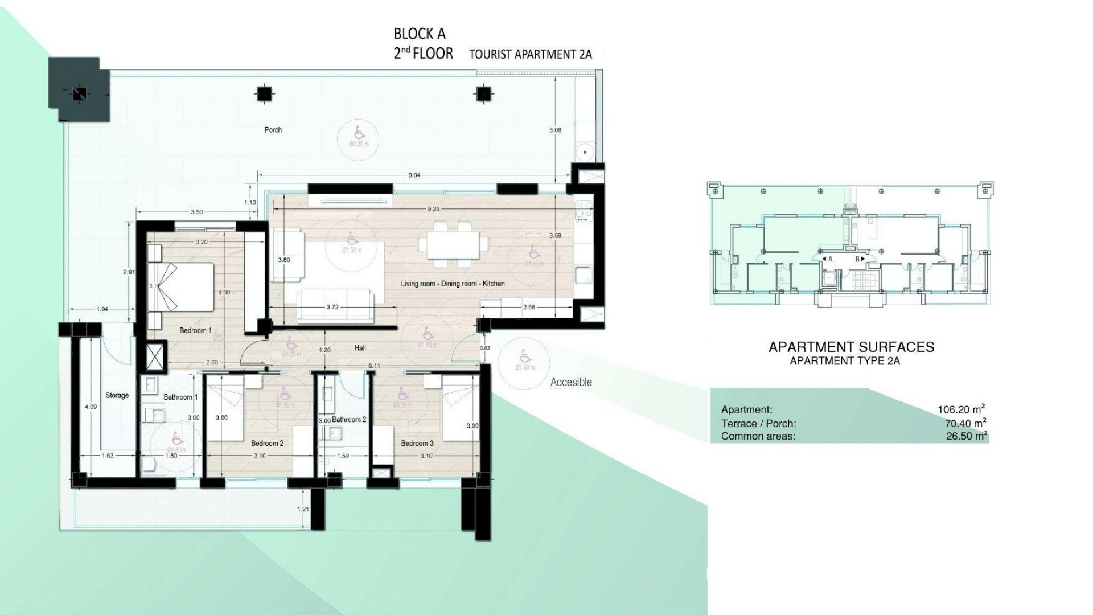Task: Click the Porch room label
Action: [273, 130]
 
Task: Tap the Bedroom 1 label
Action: [195, 330]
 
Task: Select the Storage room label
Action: [117, 395]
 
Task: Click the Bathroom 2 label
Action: [349, 420]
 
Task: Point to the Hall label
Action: [360, 348]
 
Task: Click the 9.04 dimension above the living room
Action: [414, 175]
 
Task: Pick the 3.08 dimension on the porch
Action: [555, 130]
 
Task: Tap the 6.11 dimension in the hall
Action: [374, 366]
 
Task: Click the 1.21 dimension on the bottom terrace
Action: [303, 509]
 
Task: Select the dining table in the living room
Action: [453, 244]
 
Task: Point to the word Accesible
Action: [571, 382]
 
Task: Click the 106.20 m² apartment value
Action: [961, 409]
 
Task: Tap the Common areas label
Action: [758, 437]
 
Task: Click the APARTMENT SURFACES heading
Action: [851, 347]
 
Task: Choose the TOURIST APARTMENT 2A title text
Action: [530, 55]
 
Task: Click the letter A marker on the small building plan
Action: [830, 259]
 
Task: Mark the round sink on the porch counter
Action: [584, 152]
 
